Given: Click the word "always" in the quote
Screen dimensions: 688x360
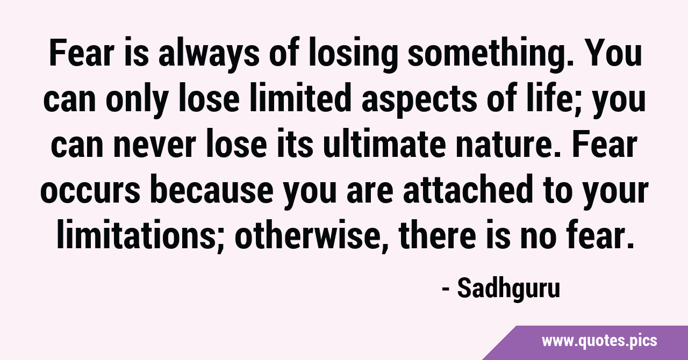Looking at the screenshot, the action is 209,54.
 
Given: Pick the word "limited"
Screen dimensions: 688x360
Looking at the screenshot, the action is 300,98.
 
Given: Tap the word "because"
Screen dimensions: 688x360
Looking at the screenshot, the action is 212,190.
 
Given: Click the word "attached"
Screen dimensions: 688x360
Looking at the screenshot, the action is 468,190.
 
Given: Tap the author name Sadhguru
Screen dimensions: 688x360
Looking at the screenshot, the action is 508,290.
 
